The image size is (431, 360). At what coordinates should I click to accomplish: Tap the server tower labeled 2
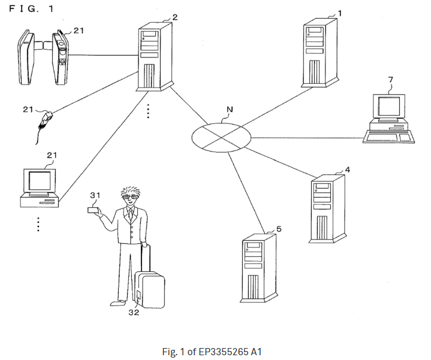[x=153, y=57]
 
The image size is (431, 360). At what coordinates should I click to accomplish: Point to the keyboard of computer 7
[x=388, y=138]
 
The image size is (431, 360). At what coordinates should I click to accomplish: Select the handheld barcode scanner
[x=46, y=119]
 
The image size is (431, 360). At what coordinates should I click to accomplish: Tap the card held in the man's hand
[x=93, y=210]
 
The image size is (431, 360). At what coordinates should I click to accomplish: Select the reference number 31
[x=95, y=195]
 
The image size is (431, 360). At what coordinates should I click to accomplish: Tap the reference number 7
[x=390, y=79]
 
